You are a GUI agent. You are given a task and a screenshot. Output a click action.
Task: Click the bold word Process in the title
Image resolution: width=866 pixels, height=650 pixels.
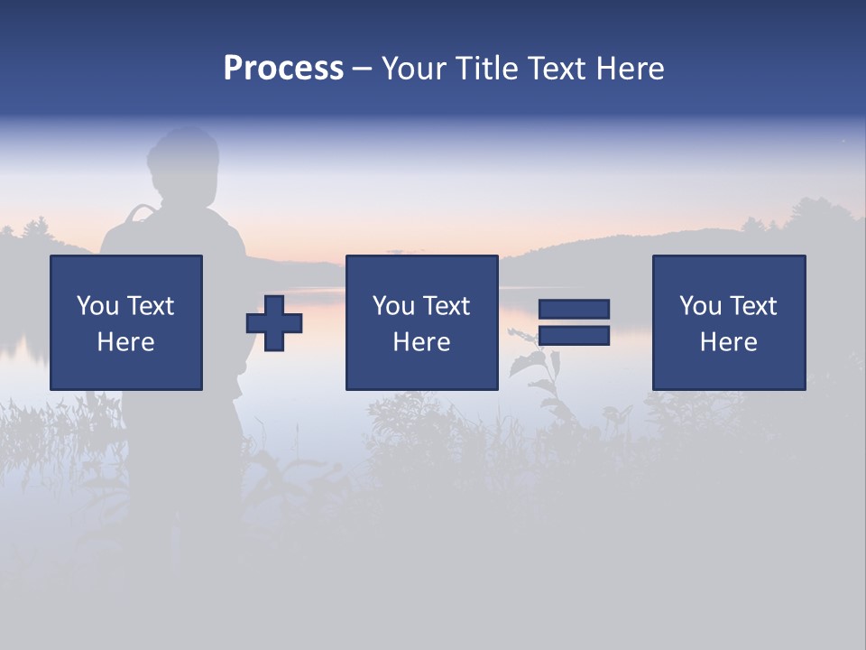pyautogui.click(x=283, y=69)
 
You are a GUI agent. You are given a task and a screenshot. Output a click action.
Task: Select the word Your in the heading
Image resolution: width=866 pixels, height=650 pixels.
pyautogui.click(x=415, y=69)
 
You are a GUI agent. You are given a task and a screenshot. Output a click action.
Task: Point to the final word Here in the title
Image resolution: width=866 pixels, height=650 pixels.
pyautogui.click(x=631, y=69)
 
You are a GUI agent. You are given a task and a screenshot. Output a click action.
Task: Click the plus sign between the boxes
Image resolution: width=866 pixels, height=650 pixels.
pyautogui.click(x=274, y=322)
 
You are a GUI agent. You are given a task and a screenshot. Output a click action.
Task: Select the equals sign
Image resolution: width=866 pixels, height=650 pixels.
pyautogui.click(x=574, y=322)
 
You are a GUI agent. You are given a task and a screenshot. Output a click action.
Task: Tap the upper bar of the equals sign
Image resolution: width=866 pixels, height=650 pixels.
pyautogui.click(x=574, y=309)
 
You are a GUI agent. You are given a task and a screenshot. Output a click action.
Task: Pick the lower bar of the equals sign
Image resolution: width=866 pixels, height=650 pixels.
pyautogui.click(x=574, y=336)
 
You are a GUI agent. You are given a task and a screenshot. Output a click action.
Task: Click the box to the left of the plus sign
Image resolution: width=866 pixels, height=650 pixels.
pyautogui.click(x=126, y=322)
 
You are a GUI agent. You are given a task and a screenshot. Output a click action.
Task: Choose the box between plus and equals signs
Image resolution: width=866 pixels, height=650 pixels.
pyautogui.click(x=421, y=322)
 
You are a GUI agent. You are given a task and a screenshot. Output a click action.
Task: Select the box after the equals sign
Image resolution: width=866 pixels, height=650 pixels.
pyautogui.click(x=729, y=322)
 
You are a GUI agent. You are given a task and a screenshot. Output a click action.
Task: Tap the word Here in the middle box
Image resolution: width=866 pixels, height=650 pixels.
pyautogui.click(x=421, y=342)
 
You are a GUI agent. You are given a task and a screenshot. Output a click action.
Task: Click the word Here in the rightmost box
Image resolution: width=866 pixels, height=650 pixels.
pyautogui.click(x=729, y=342)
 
